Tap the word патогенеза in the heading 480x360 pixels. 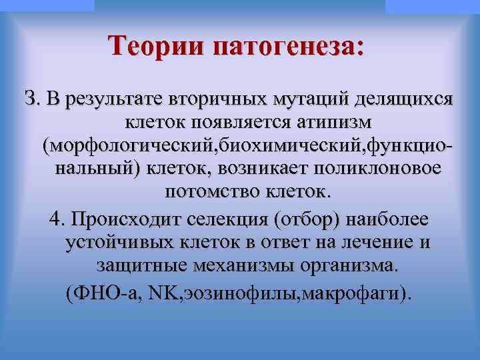point(289,48)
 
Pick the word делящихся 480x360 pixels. point(405,100)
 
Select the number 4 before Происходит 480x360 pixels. point(56,219)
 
